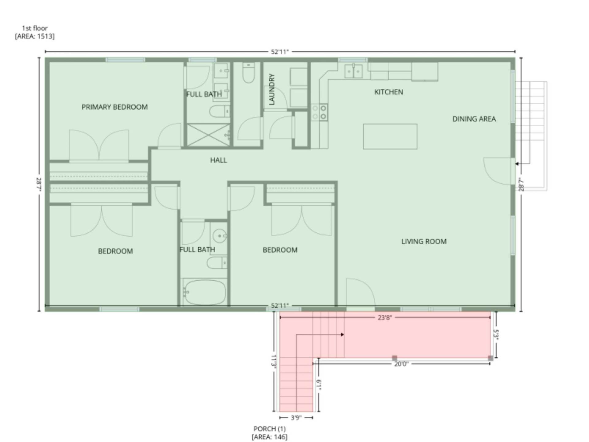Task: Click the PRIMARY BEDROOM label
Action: pos(114,107)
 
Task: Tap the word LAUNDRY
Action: pos(272,89)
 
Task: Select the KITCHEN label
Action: pos(388,92)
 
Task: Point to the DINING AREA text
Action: pos(474,119)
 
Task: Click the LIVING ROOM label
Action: pos(424,242)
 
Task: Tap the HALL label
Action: pos(218,160)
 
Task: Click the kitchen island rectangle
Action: pos(390,137)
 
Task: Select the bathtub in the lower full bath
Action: pos(204,292)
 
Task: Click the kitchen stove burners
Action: pos(320,112)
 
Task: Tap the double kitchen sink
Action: pos(353,71)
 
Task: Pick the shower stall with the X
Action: pos(208,135)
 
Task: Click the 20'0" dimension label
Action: pos(401,364)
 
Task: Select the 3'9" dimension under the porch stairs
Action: pos(296,418)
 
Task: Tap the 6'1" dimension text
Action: pos(319,385)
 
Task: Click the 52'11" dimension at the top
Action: pos(280,52)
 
